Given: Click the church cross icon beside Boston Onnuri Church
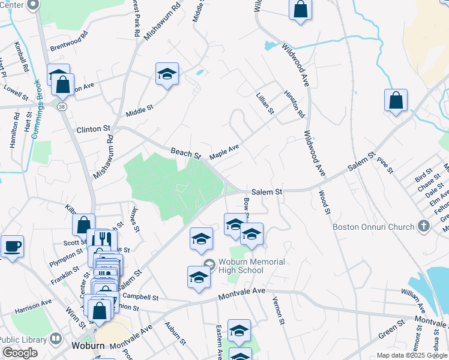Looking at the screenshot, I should tap(424, 226).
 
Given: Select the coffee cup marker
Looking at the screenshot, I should tap(13, 246).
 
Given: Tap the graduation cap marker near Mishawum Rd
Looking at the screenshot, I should tap(167, 74).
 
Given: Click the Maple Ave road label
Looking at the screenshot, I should tap(224, 152).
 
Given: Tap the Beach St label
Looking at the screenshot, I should tap(185, 153).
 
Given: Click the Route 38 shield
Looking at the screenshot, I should tap(62, 106).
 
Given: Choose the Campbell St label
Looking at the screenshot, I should tap(140, 296).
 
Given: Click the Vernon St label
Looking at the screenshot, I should tap(277, 311).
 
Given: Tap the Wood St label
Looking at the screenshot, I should tap(325, 203).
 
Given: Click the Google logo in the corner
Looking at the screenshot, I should tap(20, 353).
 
